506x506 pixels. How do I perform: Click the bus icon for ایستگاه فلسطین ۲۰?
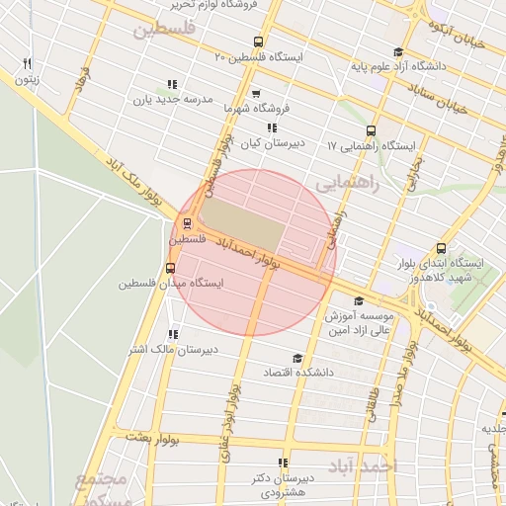[x=259, y=42]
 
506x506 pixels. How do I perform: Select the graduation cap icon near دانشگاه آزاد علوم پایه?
[x=398, y=52]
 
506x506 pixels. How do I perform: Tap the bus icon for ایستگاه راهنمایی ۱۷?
[x=371, y=130]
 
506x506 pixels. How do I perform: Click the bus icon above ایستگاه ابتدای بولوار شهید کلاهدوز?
[x=441, y=249]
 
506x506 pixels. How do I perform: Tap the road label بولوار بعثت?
[x=151, y=436]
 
